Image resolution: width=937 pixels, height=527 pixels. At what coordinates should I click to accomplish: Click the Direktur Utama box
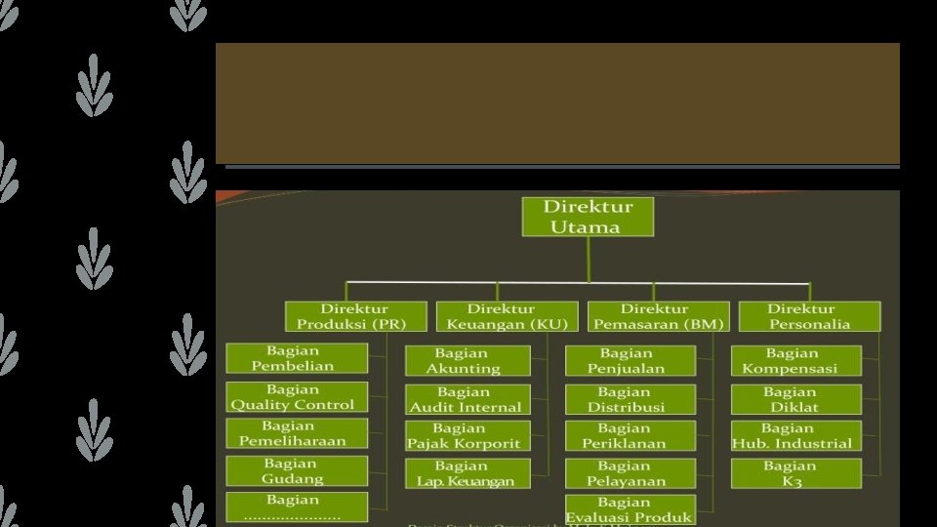click(x=588, y=217)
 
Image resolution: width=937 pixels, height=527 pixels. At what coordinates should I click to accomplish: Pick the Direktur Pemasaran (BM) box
click(x=658, y=316)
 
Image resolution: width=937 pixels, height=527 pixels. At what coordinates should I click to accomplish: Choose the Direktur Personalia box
click(x=809, y=316)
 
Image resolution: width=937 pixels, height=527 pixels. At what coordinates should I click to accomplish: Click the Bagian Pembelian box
click(x=297, y=358)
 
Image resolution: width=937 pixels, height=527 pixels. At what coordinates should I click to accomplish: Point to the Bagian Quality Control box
click(x=297, y=397)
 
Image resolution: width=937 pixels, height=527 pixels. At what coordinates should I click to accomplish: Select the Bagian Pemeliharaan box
click(x=297, y=433)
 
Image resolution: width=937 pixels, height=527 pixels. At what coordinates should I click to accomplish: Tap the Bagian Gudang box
click(x=297, y=470)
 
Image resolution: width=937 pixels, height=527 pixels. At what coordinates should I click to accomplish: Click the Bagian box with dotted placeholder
click(x=297, y=507)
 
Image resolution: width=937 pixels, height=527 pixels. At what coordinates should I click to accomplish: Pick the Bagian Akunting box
click(x=468, y=360)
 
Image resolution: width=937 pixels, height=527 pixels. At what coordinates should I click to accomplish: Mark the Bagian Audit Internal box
click(x=468, y=399)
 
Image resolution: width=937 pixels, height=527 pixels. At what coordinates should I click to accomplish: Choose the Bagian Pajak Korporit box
click(x=468, y=435)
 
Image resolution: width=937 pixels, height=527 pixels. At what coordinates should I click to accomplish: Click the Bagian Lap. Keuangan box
click(x=468, y=473)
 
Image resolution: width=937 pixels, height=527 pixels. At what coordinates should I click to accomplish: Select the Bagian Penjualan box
click(x=630, y=360)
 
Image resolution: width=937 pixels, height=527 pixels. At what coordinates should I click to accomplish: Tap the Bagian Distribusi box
click(x=630, y=399)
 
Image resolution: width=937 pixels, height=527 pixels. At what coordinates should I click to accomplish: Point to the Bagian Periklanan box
click(x=630, y=435)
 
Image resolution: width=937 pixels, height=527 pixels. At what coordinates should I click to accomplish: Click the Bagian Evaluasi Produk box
click(x=630, y=509)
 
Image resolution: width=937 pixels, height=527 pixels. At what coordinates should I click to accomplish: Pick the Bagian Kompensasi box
click(x=795, y=360)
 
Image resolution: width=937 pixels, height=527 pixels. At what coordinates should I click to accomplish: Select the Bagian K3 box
click(x=795, y=473)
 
